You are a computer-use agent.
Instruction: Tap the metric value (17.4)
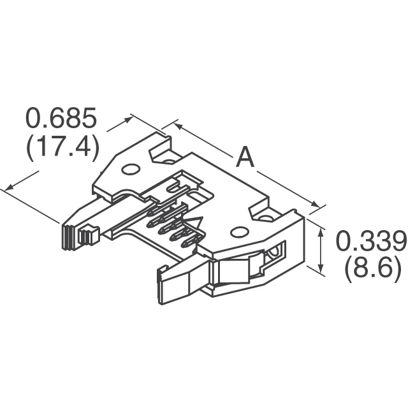pyautogui.click(x=61, y=149)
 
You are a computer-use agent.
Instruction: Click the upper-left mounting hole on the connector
pyautogui.click(x=130, y=170)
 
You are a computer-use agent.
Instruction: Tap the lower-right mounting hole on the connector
pyautogui.click(x=240, y=233)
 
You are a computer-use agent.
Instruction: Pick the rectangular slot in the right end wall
pyautogui.click(x=274, y=253)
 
